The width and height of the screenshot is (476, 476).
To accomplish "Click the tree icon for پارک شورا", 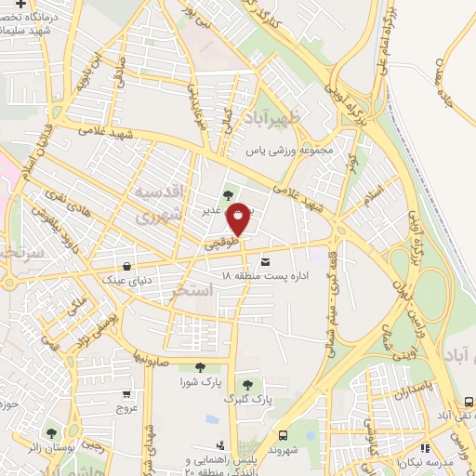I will point(196,367).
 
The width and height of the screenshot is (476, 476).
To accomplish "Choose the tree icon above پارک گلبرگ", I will point(247,384).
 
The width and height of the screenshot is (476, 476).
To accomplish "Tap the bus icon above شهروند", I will point(282,435).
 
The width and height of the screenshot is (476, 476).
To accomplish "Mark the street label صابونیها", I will point(150,354).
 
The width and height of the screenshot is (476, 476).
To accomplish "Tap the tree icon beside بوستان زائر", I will point(50,433).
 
